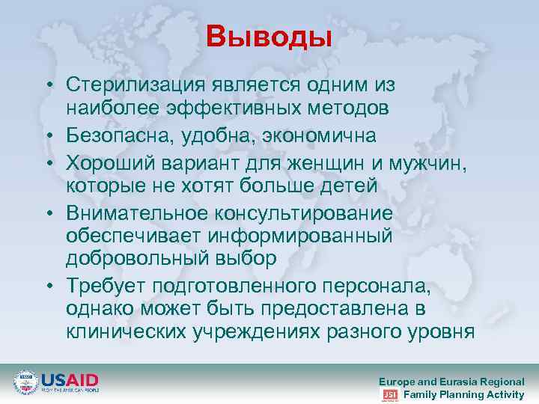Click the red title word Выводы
[269, 35]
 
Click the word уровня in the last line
[440, 331]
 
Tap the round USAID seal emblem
[25, 382]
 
